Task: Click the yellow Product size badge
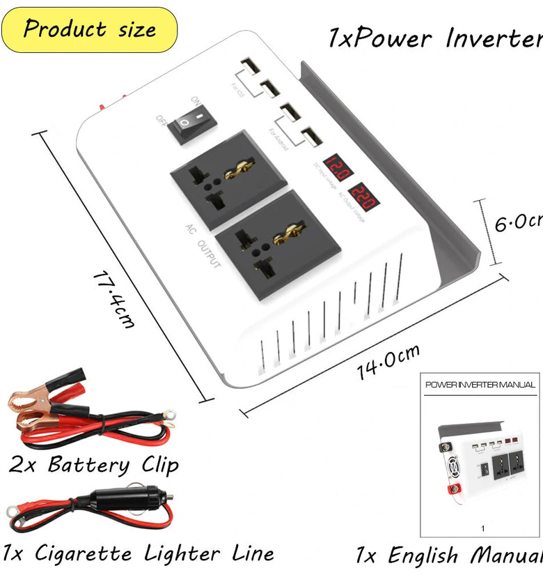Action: click(x=89, y=30)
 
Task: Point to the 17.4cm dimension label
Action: click(x=114, y=299)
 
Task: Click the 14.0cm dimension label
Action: click(x=388, y=363)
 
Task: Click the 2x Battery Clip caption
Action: click(x=94, y=465)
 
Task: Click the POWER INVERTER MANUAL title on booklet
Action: click(x=480, y=385)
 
